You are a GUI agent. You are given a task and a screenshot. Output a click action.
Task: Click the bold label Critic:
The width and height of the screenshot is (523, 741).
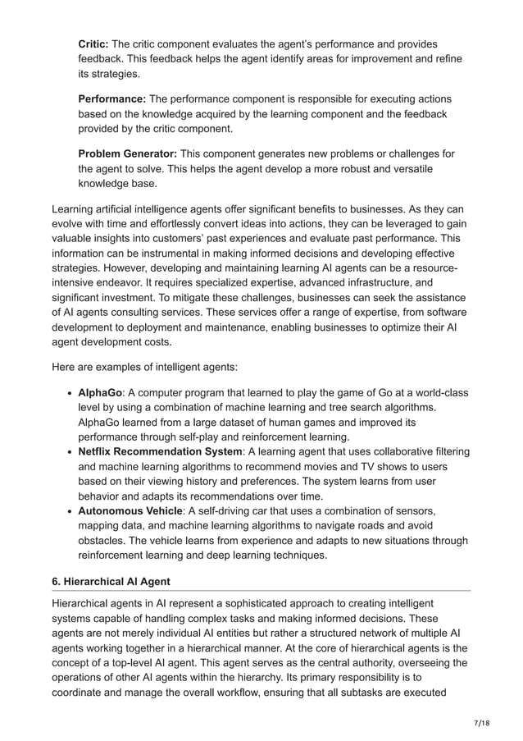click(93, 43)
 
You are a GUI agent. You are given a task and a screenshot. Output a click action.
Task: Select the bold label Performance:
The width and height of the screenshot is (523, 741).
click(111, 99)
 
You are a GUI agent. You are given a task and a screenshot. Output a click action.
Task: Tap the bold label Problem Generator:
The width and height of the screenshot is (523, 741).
click(127, 154)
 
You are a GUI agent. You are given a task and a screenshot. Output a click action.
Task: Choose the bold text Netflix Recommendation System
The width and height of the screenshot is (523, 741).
click(160, 451)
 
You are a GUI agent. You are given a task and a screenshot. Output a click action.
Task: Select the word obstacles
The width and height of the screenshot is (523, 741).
click(103, 540)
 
